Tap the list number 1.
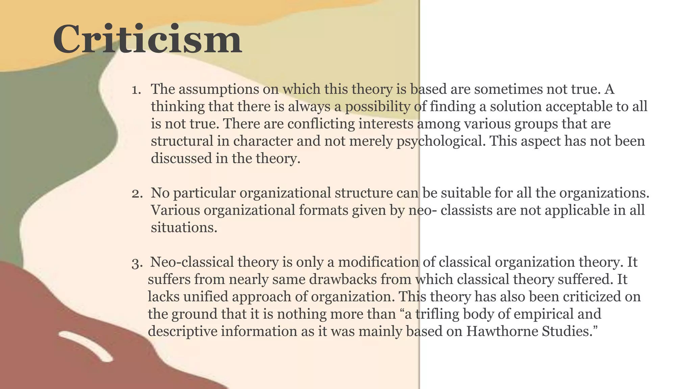point(136,90)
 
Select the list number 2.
point(137,194)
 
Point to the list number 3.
point(137,263)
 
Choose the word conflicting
point(321,124)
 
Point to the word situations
point(184,228)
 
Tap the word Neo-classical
point(192,262)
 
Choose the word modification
point(378,262)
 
